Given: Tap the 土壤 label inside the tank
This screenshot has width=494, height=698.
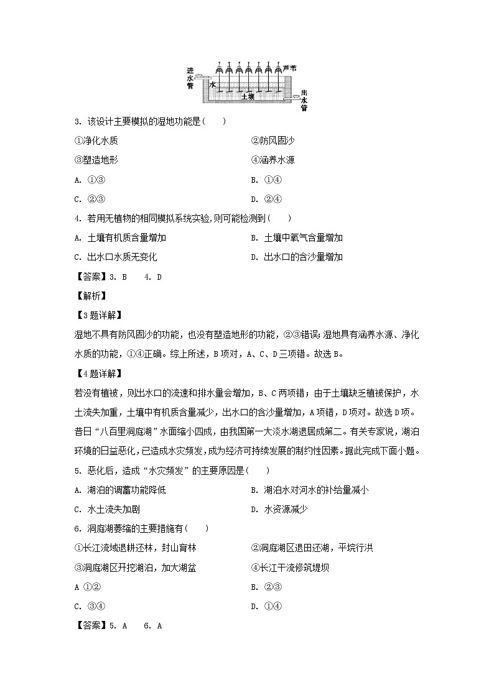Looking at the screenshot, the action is point(248,97).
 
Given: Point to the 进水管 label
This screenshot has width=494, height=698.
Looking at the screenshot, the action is point(190,78).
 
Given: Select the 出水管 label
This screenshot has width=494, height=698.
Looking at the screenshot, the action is point(304,100).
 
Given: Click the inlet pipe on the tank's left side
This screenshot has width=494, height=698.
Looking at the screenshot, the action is point(200,77).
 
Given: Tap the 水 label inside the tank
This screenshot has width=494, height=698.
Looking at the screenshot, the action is point(212,84).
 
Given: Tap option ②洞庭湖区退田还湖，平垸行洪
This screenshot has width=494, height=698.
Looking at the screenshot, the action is point(312,548).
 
